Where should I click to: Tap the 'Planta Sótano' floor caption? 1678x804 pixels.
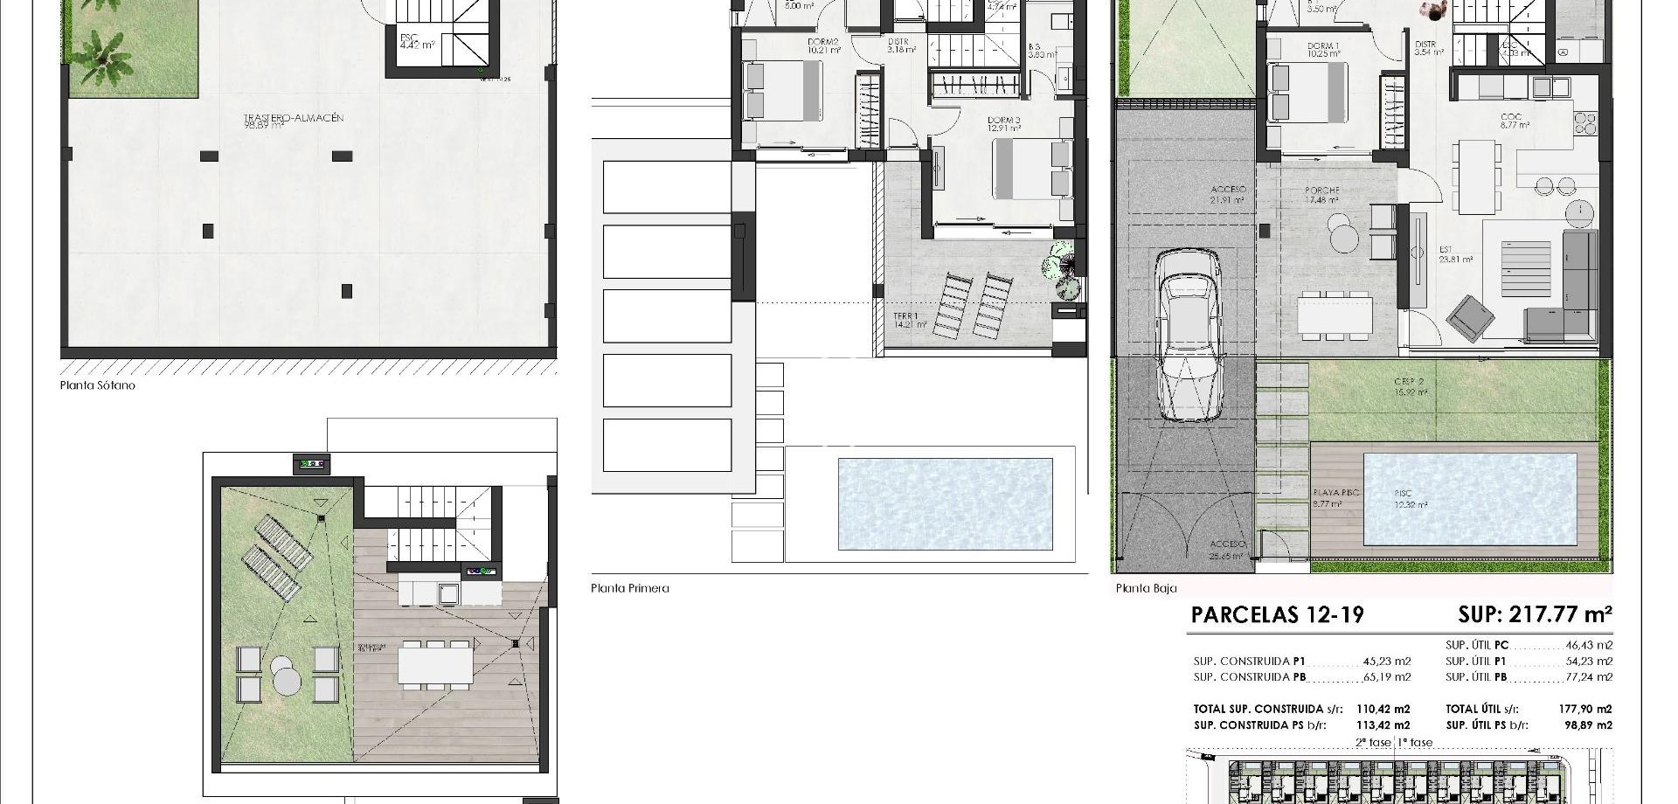tap(97, 385)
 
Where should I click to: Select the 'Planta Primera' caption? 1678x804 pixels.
tap(629, 588)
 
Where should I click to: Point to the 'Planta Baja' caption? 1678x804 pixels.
tap(1146, 588)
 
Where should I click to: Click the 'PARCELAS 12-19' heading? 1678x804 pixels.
tap(1277, 615)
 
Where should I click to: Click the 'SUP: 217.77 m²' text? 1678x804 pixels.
tap(1535, 614)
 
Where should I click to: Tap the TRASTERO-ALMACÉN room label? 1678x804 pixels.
tap(288, 118)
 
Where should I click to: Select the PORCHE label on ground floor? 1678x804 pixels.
tap(1321, 191)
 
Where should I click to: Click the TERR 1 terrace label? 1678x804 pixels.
tap(906, 316)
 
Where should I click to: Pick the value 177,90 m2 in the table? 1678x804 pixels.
tap(1589, 710)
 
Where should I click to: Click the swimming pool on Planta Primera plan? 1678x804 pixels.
tap(945, 503)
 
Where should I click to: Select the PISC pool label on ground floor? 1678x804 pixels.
tap(1403, 494)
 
